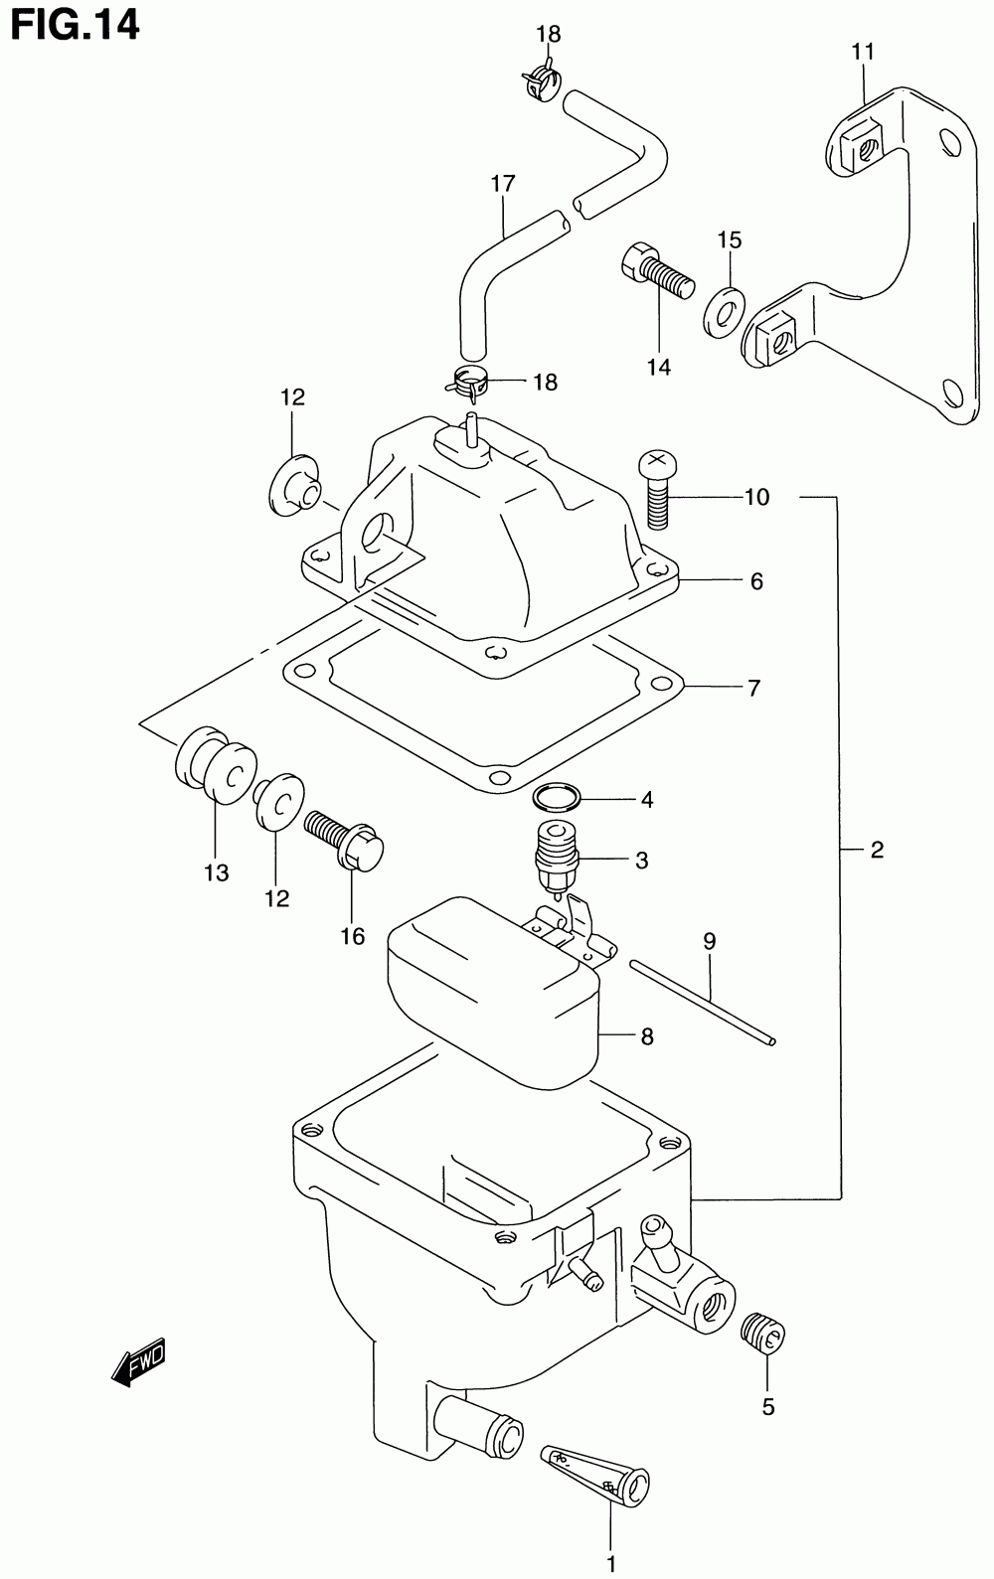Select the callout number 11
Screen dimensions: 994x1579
pyautogui.click(x=863, y=52)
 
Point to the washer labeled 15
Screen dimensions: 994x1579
pyautogui.click(x=725, y=311)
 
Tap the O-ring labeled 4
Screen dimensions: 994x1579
pyautogui.click(x=557, y=797)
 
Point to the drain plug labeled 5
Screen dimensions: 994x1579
pyautogui.click(x=762, y=1332)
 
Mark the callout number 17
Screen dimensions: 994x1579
pyautogui.click(x=503, y=184)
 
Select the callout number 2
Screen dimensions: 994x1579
pyautogui.click(x=877, y=851)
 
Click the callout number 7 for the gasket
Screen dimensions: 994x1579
pyautogui.click(x=754, y=688)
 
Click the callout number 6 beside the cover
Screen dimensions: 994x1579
pyautogui.click(x=756, y=581)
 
